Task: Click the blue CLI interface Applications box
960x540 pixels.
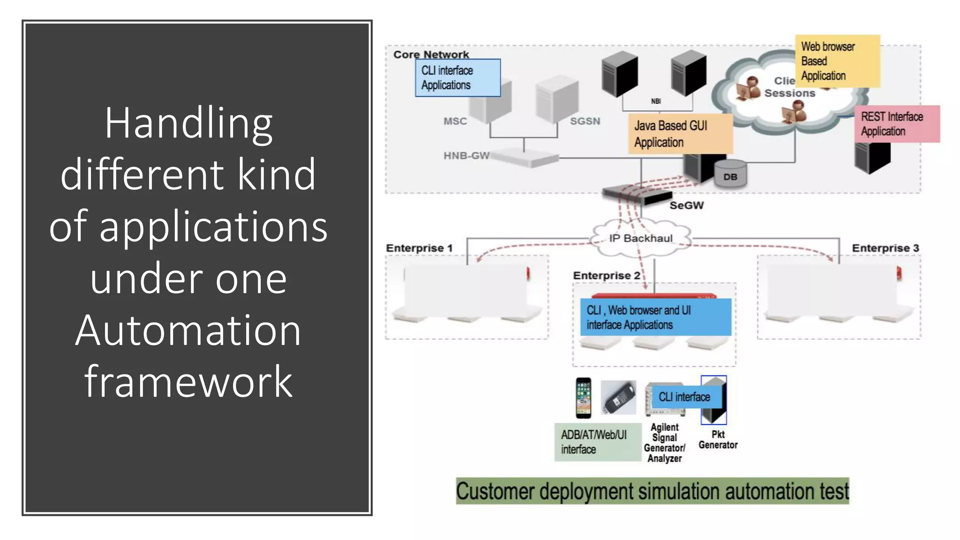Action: point(457,78)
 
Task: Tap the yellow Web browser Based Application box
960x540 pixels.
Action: point(837,61)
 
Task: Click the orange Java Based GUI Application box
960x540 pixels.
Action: point(680,134)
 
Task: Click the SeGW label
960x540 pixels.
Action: point(686,205)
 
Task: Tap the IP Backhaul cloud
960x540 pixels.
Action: point(641,239)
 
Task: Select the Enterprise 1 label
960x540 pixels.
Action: point(419,248)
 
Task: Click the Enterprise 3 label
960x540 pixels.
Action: point(885,248)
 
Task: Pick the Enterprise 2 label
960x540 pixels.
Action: point(607,276)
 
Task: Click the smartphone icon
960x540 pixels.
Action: point(584,398)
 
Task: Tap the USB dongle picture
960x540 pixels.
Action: point(618,398)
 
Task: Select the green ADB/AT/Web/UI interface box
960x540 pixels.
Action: point(597,442)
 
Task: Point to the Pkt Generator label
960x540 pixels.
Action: point(718,440)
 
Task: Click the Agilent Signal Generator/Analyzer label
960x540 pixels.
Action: point(664,443)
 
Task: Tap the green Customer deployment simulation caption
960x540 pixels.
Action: point(652,491)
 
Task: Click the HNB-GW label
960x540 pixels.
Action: point(466,156)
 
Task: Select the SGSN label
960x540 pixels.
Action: point(585,121)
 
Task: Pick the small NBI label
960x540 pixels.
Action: point(656,101)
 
